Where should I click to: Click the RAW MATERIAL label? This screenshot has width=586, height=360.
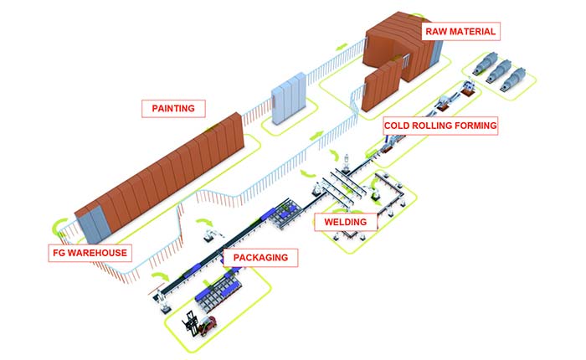click(x=460, y=32)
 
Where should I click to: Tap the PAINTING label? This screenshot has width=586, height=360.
click(x=173, y=108)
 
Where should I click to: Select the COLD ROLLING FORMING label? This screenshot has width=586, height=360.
click(x=440, y=126)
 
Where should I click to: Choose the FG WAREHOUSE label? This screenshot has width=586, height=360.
click(x=88, y=252)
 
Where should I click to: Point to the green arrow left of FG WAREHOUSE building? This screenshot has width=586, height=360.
click(x=59, y=225)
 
